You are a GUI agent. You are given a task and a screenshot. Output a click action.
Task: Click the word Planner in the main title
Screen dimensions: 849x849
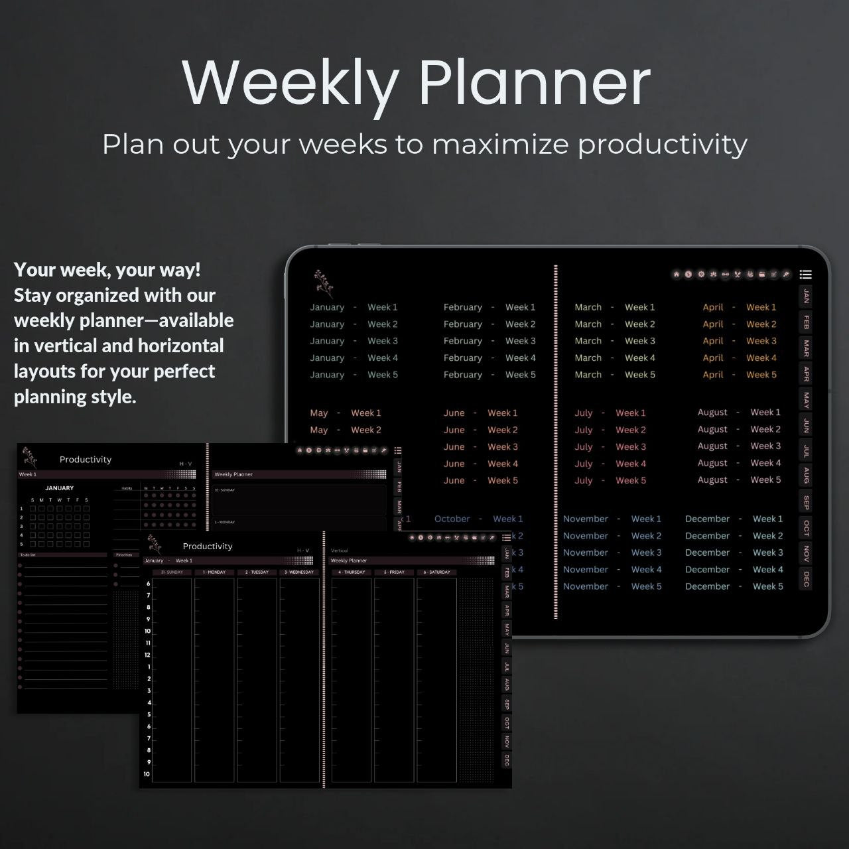pos(534,82)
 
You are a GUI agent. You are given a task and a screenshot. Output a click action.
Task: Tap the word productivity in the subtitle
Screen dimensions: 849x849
pos(662,145)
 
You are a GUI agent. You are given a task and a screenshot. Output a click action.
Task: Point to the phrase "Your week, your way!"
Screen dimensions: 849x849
pos(107,270)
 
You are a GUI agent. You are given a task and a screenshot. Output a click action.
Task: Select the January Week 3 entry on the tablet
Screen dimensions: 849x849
pos(354,341)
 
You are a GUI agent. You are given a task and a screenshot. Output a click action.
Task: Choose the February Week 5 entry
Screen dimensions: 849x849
pos(489,375)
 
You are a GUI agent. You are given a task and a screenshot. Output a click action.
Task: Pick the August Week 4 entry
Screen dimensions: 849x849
pos(739,463)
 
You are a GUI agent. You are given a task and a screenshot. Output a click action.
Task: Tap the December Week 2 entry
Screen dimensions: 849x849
pos(734,536)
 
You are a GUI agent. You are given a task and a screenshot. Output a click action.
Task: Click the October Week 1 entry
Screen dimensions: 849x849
pos(478,519)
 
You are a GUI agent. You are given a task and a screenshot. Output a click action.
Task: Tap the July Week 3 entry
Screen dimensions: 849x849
pos(610,447)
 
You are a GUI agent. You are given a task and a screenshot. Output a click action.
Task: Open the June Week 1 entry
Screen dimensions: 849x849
pos(480,413)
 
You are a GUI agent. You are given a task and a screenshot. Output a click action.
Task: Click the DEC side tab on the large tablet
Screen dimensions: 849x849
pos(806,578)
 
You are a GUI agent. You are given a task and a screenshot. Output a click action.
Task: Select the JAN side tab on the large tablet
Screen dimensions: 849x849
pos(806,296)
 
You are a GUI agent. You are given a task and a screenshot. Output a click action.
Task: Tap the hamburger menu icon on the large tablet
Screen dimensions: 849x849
pos(806,275)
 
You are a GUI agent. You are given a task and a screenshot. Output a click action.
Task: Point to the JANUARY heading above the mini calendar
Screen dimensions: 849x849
pos(60,488)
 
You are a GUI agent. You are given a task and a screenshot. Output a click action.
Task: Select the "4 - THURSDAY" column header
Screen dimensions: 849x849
pos(352,572)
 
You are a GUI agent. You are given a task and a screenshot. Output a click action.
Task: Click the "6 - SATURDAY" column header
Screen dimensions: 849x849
pos(437,572)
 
